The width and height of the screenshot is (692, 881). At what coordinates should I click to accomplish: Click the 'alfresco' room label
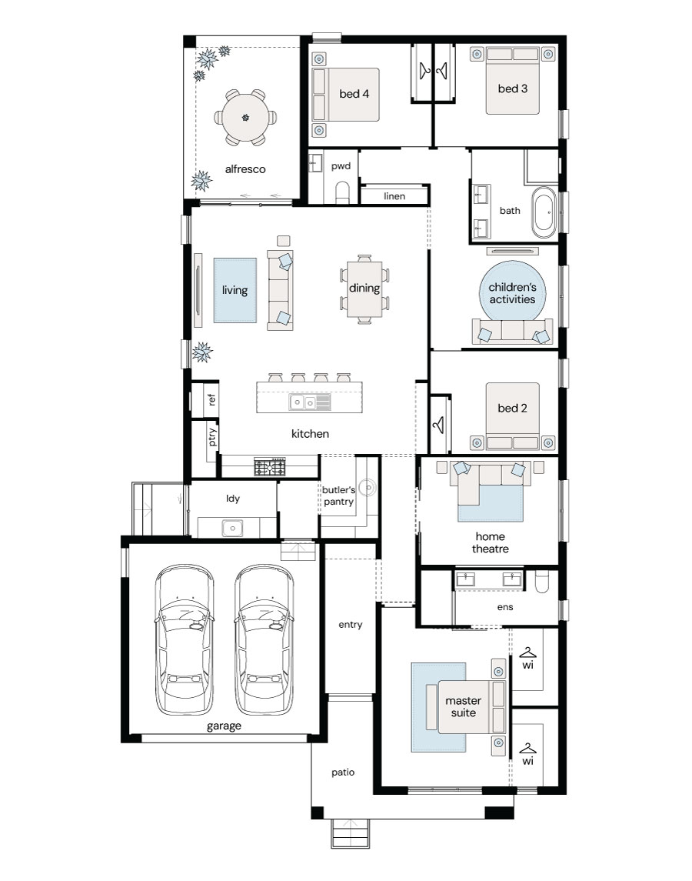click(245, 169)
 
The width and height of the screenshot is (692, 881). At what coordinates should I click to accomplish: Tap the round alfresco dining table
click(245, 118)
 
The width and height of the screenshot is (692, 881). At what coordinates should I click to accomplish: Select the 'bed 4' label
click(354, 94)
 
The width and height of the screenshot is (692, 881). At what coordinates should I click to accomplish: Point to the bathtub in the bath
click(544, 213)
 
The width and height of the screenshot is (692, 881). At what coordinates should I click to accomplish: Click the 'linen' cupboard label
click(394, 196)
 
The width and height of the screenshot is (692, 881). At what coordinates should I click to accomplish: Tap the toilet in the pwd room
click(341, 192)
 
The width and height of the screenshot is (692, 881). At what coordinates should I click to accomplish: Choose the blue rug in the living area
click(235, 290)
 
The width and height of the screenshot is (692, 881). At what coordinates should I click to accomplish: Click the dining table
click(364, 289)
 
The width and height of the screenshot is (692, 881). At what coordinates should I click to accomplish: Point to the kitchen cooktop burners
click(270, 467)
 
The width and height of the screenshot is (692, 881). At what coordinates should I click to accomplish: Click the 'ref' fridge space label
click(211, 399)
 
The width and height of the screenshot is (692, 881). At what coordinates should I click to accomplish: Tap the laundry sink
click(231, 528)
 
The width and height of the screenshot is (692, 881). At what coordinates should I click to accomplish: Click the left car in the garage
click(185, 639)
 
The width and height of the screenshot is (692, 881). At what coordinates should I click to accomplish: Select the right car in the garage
click(264, 639)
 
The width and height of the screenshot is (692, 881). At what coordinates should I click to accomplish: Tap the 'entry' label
click(351, 625)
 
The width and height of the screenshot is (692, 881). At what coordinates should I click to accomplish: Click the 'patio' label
click(343, 773)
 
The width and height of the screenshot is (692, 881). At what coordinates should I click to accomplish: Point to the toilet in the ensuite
click(542, 582)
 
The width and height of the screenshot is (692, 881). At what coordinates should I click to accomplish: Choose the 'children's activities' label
click(512, 293)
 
